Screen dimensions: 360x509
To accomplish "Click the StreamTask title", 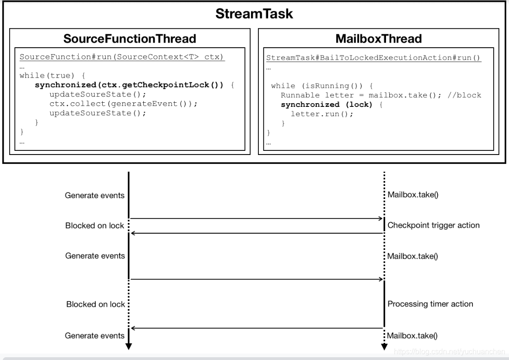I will [x=254, y=14].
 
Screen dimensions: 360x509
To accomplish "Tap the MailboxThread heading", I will [x=378, y=39].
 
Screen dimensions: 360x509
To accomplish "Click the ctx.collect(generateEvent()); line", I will [x=123, y=103].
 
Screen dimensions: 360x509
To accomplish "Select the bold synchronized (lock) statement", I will [x=326, y=104].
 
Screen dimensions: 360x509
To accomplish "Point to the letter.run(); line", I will [x=322, y=114].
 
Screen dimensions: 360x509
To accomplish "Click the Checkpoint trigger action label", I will [x=433, y=225].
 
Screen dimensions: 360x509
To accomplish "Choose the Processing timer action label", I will [x=430, y=304].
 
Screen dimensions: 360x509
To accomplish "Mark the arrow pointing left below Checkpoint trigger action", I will [x=257, y=233].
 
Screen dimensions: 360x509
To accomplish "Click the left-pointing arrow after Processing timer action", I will [x=257, y=328].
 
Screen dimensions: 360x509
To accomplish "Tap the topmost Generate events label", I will [x=95, y=195].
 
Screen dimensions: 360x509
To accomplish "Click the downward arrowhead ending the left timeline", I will [x=129, y=346].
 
